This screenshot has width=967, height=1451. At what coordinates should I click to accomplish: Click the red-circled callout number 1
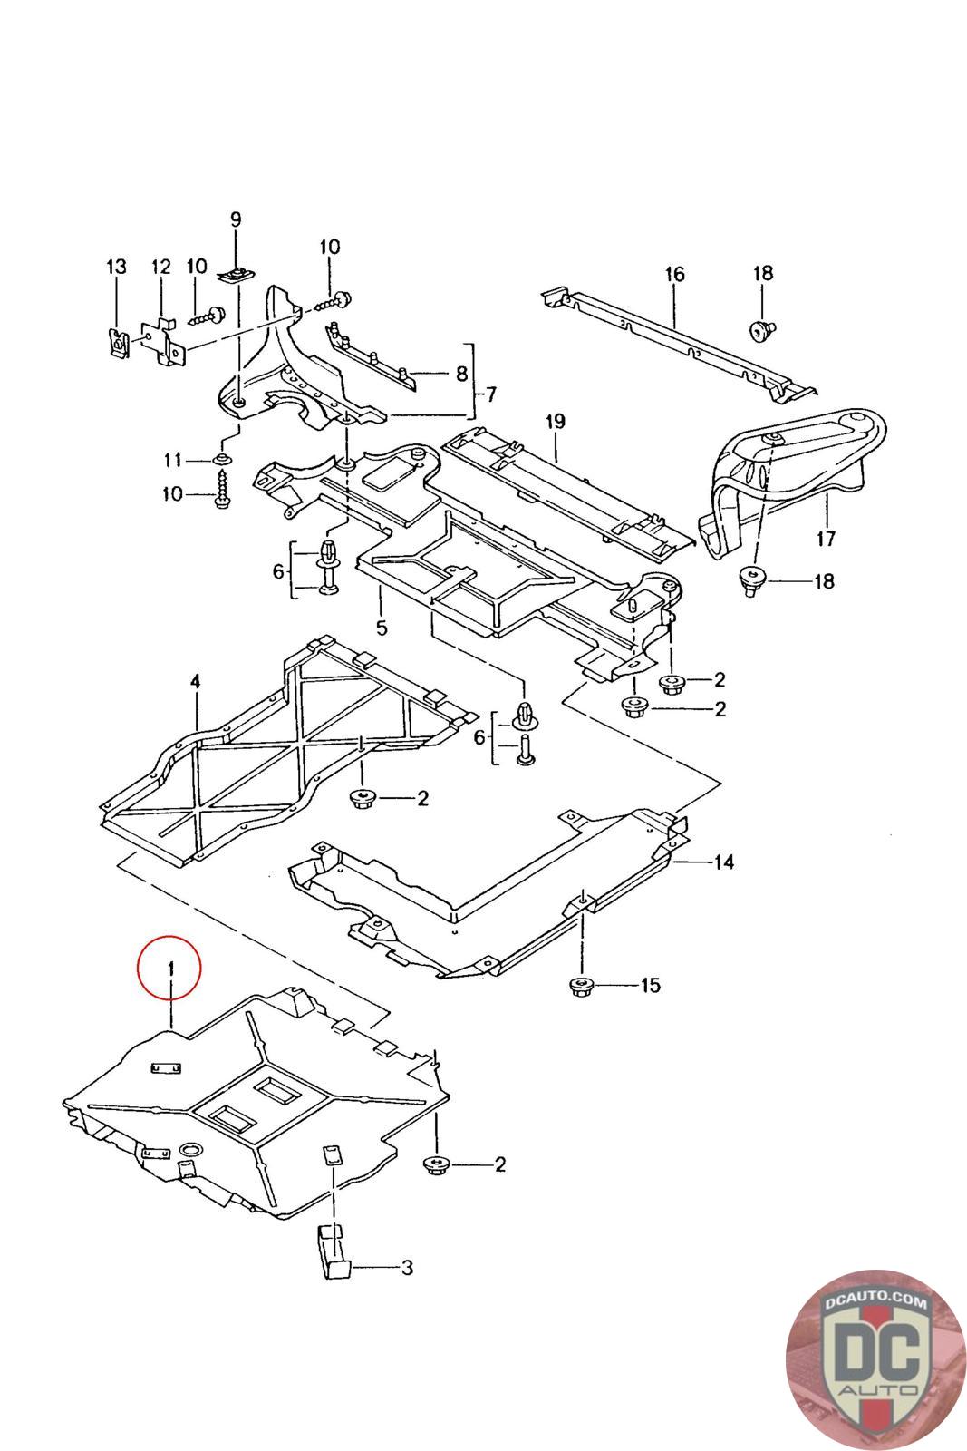[169, 969]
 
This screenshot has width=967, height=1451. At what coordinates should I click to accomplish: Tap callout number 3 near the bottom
[407, 1267]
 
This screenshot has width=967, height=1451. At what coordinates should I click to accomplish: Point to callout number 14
[722, 861]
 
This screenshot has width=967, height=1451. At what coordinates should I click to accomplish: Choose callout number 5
[381, 627]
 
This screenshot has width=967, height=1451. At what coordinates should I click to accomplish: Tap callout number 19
[556, 421]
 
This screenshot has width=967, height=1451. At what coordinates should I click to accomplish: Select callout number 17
[825, 540]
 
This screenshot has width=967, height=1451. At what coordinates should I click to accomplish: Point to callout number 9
[236, 219]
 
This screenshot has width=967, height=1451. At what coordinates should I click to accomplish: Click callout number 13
[117, 267]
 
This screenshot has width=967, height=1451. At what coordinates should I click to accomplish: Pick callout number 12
[160, 267]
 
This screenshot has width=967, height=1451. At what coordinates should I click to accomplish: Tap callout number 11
[173, 461]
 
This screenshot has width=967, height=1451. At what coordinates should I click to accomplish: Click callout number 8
[460, 373]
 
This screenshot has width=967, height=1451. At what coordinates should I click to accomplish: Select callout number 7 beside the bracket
[490, 394]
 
